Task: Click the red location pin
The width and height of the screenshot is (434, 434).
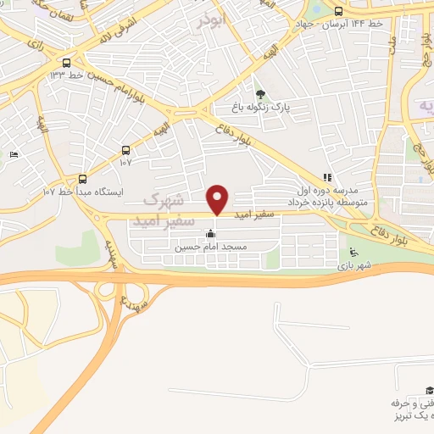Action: (218, 199)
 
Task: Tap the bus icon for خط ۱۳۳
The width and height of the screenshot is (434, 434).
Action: (67, 62)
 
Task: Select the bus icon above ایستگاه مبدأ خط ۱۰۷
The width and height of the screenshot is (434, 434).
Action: (82, 179)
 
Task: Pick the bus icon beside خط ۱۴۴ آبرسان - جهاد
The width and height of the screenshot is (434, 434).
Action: (339, 12)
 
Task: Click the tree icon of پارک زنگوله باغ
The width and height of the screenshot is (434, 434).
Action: (260, 95)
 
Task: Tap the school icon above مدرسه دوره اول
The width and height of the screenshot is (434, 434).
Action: (325, 178)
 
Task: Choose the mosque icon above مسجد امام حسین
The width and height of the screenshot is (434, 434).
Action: (210, 233)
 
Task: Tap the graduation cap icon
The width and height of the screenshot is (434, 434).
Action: (429, 387)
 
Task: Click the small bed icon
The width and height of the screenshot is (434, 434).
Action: (14, 154)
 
